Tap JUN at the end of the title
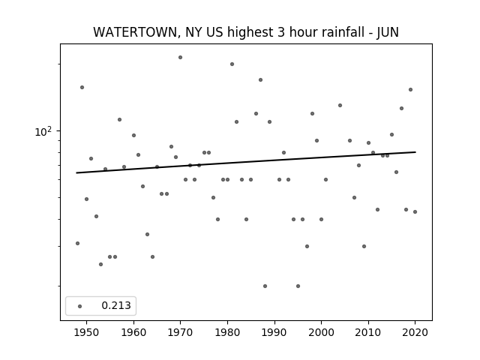(388, 32)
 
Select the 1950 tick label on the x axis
(87, 332)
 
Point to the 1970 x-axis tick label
(180, 332)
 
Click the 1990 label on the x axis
(274, 332)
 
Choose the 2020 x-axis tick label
(415, 332)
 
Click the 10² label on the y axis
(43, 132)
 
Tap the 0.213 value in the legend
(116, 305)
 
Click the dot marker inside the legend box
(80, 306)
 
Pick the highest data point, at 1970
(180, 57)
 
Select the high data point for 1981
(232, 64)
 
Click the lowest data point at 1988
(265, 286)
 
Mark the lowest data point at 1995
(298, 286)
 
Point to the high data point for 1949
(82, 87)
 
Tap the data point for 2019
(410, 89)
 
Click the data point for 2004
(340, 105)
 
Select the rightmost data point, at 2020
(415, 211)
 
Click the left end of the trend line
(76, 173)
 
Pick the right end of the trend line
(415, 151)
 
